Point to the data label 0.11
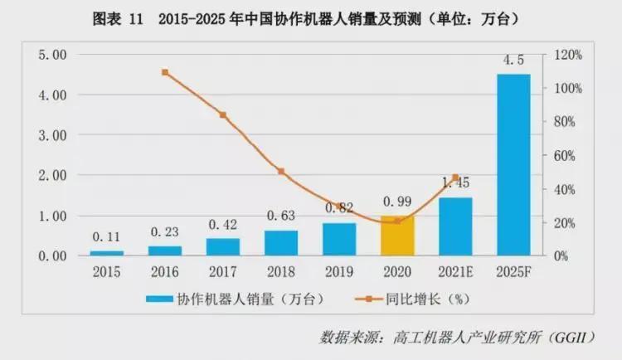(106, 236)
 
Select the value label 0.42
(222, 224)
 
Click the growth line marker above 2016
(164, 72)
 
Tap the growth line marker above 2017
(222, 114)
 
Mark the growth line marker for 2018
(281, 172)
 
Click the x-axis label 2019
(339, 271)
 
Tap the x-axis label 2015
(106, 271)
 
